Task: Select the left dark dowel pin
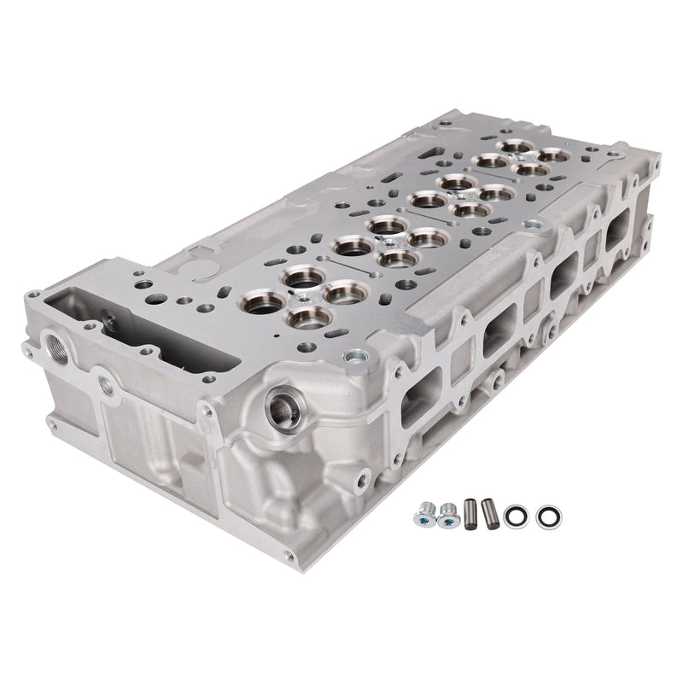click(470, 514)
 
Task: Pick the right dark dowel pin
click(488, 512)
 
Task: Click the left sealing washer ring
click(515, 516)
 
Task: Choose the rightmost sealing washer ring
click(544, 516)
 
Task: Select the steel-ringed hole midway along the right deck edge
click(532, 227)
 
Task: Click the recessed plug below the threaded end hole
click(106, 385)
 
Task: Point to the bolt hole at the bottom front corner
click(288, 556)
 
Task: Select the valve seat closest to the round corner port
click(309, 319)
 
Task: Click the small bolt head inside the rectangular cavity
click(108, 321)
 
